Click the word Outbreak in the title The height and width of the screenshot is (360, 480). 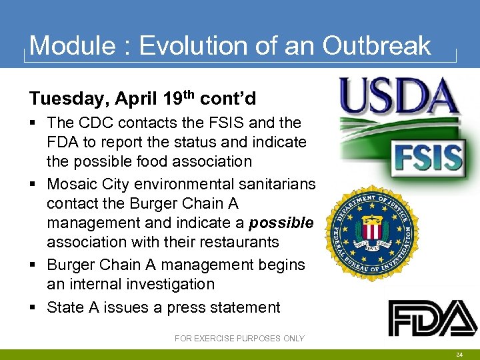377,45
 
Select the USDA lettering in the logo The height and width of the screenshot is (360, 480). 399,97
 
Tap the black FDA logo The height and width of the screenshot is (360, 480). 433,318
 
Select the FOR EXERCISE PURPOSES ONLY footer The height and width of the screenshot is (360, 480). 239,339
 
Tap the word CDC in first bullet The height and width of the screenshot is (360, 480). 95,123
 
